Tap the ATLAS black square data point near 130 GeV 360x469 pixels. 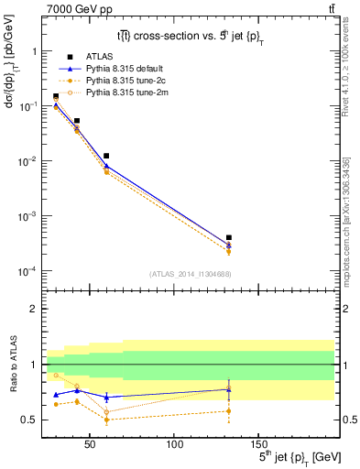[228, 238]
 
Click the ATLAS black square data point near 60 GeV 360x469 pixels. [106, 157]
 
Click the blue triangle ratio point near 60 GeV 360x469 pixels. [106, 397]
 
